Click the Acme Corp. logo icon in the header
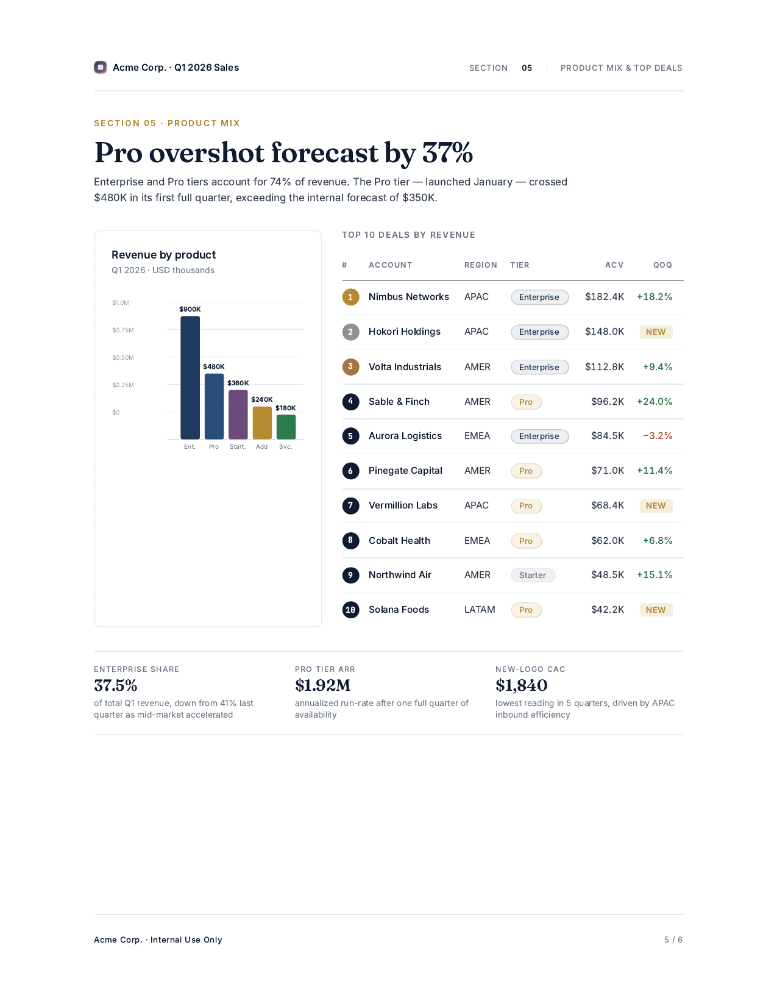[100, 67]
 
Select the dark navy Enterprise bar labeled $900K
[190, 377]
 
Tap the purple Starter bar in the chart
[238, 415]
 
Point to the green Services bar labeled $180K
[286, 426]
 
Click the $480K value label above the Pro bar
[213, 366]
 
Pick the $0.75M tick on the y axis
[122, 330]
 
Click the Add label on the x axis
[261, 446]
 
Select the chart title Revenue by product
[163, 255]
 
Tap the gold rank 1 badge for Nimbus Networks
[350, 297]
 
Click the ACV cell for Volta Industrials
[604, 366]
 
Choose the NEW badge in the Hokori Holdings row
[655, 332]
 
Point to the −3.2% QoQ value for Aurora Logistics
[657, 436]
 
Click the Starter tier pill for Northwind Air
[532, 575]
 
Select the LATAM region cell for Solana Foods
[480, 609]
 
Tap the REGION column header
[480, 265]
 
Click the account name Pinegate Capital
[405, 470]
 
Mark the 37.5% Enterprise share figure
[115, 685]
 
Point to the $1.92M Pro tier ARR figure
[322, 685]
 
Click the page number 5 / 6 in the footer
[673, 940]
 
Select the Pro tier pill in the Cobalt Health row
[526, 541]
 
